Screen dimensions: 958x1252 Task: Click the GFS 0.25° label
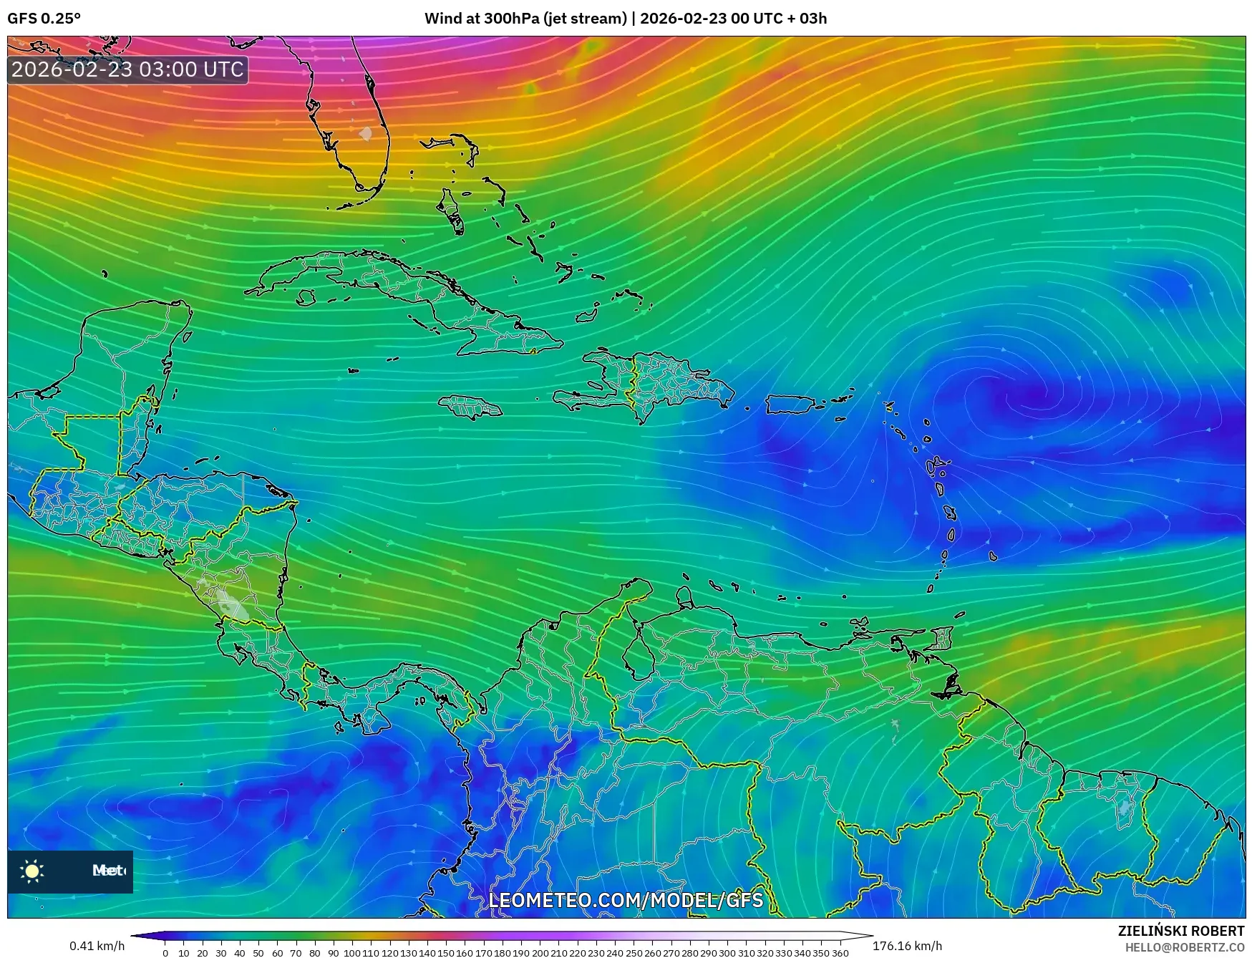tap(44, 19)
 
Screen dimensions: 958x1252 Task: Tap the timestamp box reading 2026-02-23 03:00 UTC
tap(127, 69)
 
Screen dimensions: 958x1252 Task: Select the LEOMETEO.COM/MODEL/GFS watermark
tap(626, 899)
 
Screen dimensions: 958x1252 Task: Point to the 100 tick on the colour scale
tap(352, 953)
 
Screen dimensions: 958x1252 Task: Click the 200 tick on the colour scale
tap(540, 953)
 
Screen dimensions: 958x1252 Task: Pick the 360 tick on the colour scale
tap(840, 953)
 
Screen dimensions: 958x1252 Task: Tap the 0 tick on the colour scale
tap(165, 953)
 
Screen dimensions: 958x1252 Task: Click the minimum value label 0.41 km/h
tap(97, 946)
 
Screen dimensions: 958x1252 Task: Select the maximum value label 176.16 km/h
tap(907, 946)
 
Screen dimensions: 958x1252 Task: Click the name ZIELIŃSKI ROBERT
tap(1181, 931)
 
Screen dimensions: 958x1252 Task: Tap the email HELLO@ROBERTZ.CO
tap(1184, 947)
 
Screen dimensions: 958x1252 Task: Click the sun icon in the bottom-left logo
tap(32, 871)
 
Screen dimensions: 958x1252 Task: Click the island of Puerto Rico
tap(790, 405)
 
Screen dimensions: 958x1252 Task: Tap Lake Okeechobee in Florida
tap(367, 133)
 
